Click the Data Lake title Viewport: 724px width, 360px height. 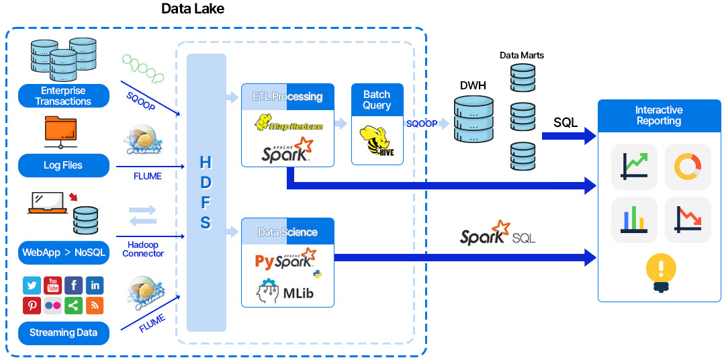(x=193, y=9)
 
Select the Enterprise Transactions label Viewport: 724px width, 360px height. (x=63, y=96)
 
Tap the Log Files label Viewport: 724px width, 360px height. (x=63, y=165)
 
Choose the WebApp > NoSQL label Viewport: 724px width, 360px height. (x=63, y=253)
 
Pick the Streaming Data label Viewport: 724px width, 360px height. (x=63, y=332)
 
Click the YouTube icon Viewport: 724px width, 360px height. (x=52, y=285)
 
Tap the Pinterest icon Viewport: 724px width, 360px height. (x=32, y=306)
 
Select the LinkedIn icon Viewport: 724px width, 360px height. (x=95, y=285)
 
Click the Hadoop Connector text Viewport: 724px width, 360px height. (x=142, y=249)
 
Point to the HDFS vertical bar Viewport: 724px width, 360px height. (x=206, y=193)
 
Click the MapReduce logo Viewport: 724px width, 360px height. (x=288, y=124)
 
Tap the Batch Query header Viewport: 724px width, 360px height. (x=377, y=100)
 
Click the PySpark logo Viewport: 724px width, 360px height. (x=285, y=261)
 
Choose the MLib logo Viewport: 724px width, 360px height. (x=285, y=291)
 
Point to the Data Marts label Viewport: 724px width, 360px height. (x=522, y=55)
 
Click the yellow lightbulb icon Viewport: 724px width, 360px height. (x=660, y=271)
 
